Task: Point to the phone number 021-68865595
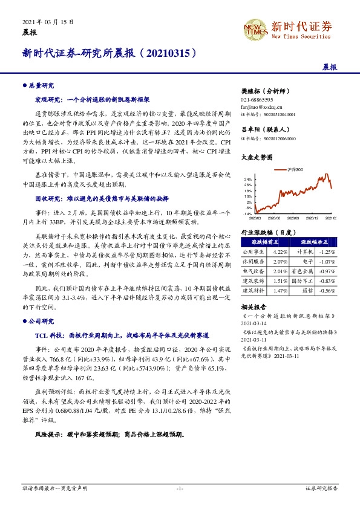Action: tap(258, 99)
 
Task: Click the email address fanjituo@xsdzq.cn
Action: tap(262, 106)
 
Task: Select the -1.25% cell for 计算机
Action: tap(327, 252)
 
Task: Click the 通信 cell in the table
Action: tap(303, 291)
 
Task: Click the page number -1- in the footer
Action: tap(180, 487)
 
